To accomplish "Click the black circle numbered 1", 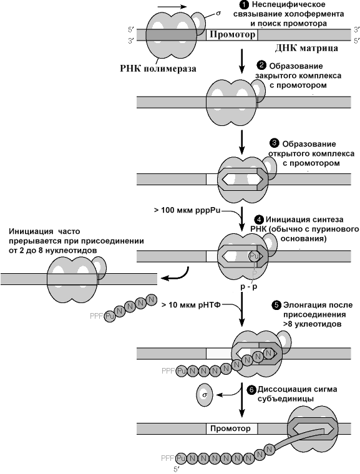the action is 244,5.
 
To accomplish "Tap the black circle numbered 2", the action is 261,65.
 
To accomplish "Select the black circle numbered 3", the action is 274,143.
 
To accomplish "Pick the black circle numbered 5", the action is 276,305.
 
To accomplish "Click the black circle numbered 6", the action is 251,390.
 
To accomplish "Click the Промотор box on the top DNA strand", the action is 232,35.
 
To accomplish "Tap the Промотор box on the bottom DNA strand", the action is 231,428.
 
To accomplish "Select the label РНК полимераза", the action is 158,69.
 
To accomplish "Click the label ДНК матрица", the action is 306,49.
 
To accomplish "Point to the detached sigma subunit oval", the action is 205,395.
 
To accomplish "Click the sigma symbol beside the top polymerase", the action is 218,14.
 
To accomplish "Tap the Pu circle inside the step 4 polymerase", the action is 254,257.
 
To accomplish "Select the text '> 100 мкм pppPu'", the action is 187,210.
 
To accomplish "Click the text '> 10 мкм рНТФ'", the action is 191,305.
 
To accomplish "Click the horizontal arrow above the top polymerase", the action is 172,7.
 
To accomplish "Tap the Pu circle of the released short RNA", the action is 110,317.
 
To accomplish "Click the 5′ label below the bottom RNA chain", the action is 177,470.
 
